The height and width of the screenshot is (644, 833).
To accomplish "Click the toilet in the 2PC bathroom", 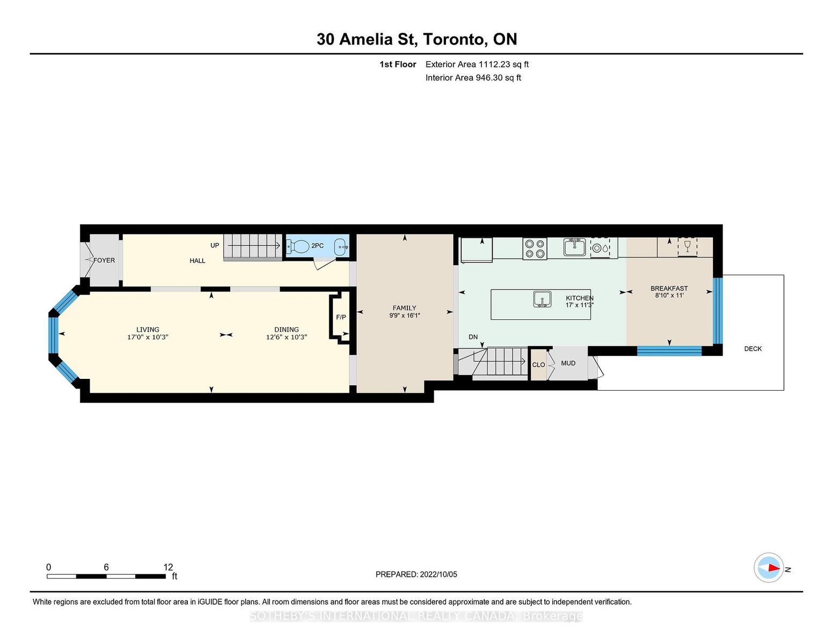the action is click(298, 246).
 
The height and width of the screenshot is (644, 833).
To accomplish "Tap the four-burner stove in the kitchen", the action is click(535, 249).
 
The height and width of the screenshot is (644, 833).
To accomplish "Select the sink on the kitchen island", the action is click(543, 299).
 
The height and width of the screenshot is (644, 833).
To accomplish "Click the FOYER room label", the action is click(104, 260).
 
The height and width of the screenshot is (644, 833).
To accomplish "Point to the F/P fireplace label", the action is click(341, 317).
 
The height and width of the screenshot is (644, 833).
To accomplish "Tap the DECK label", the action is click(753, 349).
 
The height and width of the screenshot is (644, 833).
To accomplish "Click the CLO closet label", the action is click(538, 365).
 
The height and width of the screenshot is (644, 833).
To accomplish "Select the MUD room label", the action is click(568, 363).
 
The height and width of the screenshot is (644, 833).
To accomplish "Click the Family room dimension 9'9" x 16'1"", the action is click(405, 316).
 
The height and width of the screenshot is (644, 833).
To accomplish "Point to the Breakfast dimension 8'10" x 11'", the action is click(669, 295).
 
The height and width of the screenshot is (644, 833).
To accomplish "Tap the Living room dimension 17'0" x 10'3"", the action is click(148, 337).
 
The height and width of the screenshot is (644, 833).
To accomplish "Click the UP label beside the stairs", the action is click(215, 245).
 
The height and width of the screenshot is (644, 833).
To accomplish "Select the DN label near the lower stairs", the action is click(473, 336).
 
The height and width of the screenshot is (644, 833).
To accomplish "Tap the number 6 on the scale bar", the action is click(106, 567).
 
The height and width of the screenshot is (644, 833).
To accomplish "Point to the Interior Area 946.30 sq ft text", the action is click(473, 78).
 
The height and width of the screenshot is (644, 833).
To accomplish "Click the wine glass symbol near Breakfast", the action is click(686, 246).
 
